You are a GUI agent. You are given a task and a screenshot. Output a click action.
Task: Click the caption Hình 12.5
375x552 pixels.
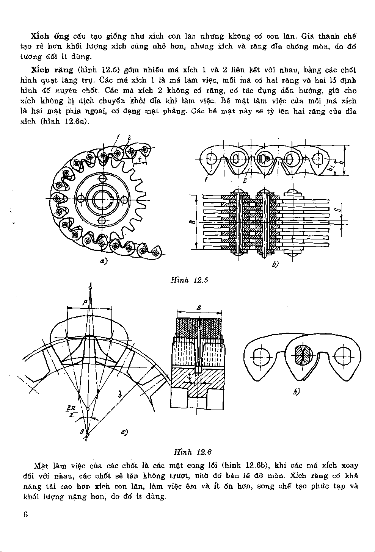(x=189, y=280)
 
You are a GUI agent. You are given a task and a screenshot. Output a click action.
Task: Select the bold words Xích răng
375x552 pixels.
(x=52, y=70)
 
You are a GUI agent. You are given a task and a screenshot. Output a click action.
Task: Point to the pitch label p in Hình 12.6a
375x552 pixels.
(x=85, y=302)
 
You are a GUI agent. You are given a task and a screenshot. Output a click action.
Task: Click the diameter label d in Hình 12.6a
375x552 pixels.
(x=119, y=395)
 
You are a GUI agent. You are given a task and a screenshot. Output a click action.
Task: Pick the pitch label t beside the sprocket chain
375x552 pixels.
(x=140, y=159)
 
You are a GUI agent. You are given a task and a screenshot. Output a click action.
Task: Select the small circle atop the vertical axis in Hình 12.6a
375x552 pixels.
(x=90, y=289)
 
